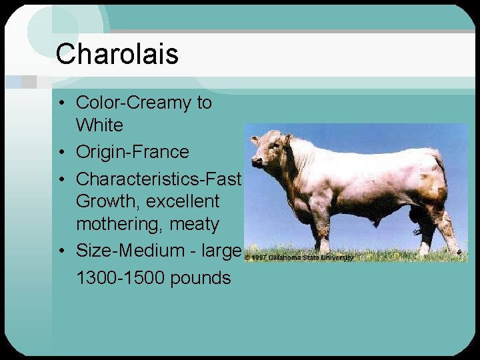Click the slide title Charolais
coord(117,54)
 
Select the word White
coord(99,125)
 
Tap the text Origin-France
coord(132,152)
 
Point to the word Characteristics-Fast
coord(158,179)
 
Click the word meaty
coord(193,225)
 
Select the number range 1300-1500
coord(121,277)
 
